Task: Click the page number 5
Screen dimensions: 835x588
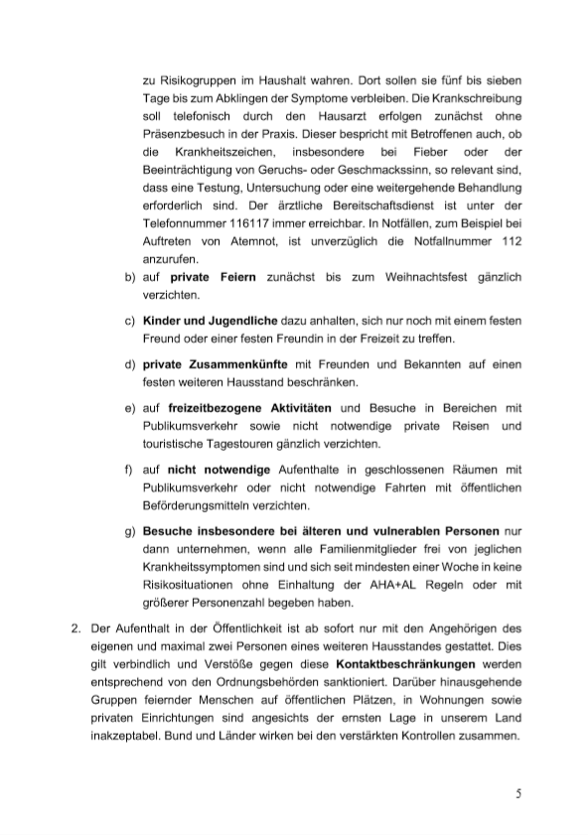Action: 517,792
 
